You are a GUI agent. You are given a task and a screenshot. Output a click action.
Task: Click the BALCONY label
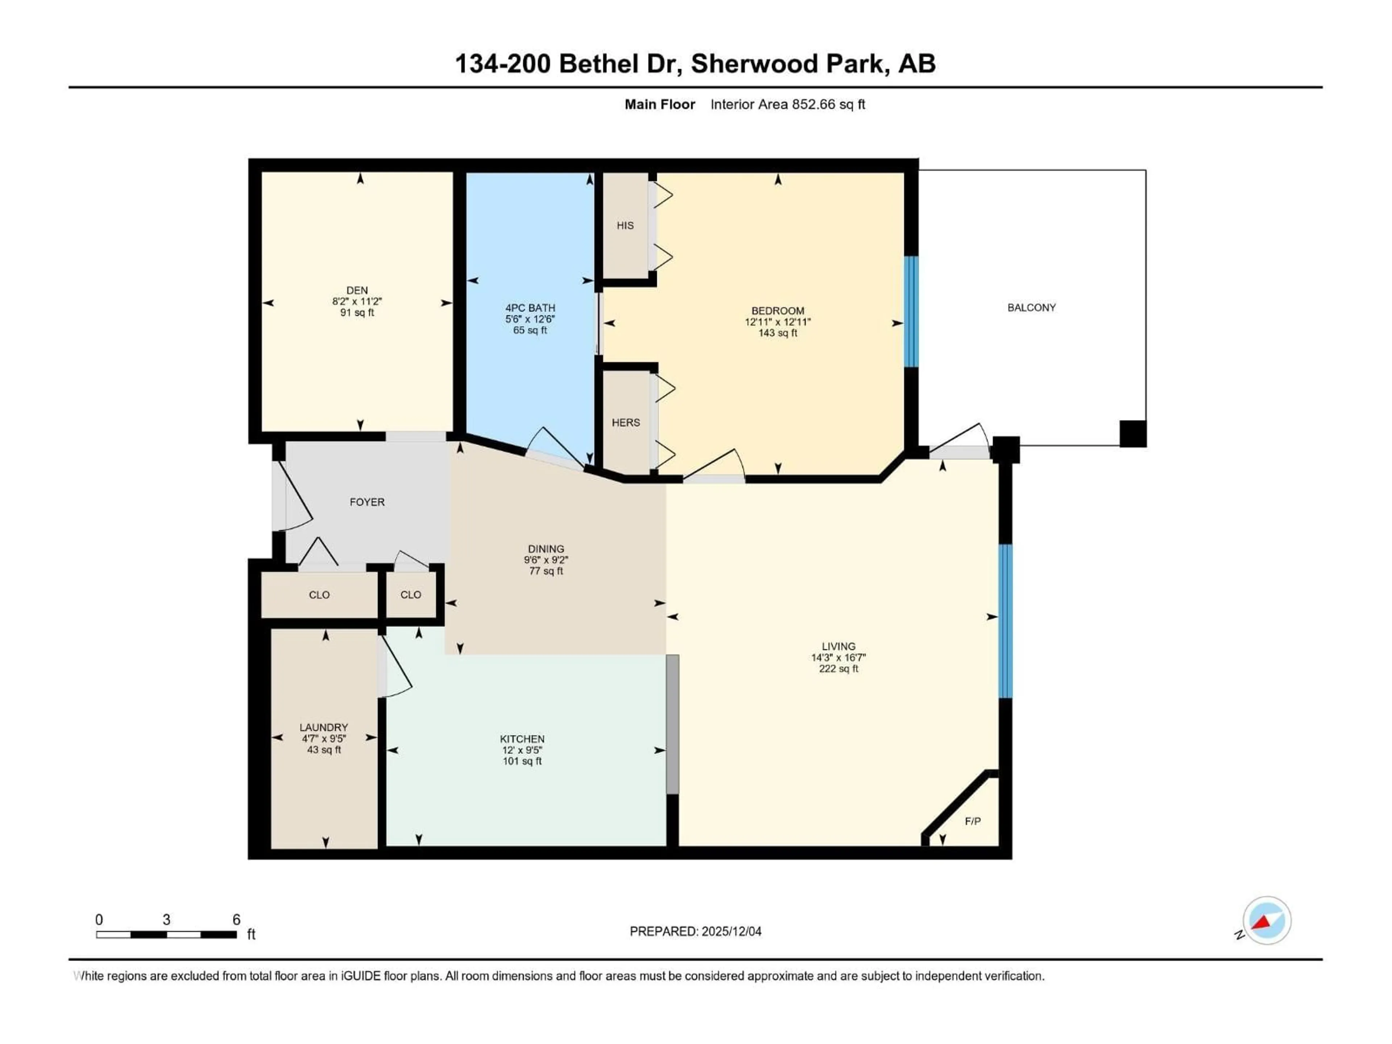click(x=1031, y=308)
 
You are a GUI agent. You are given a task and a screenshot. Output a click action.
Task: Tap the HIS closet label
click(x=625, y=225)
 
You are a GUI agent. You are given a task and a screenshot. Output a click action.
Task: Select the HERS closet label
click(x=626, y=422)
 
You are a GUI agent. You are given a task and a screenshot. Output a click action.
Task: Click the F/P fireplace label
click(x=972, y=821)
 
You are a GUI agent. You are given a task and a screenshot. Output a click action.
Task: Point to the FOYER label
click(x=367, y=502)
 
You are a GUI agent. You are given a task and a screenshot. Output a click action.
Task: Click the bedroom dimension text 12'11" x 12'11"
click(x=778, y=322)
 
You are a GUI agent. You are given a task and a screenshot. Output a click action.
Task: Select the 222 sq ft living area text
click(x=838, y=669)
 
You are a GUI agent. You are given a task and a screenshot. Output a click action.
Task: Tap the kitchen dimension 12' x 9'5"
click(x=522, y=750)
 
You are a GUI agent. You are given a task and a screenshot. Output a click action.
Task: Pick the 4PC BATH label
click(x=530, y=308)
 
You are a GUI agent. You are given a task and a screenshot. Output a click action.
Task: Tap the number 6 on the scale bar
click(x=237, y=919)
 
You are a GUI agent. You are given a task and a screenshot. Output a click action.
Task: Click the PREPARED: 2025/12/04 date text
click(x=695, y=931)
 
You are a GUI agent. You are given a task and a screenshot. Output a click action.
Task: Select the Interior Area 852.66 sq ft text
click(x=787, y=104)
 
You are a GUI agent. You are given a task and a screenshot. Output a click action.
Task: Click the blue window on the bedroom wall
click(x=911, y=311)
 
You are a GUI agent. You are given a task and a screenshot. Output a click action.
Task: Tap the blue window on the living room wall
click(x=1006, y=621)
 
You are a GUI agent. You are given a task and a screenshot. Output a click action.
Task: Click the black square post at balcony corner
click(x=1133, y=434)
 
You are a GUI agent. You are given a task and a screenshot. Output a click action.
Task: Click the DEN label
click(x=357, y=290)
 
